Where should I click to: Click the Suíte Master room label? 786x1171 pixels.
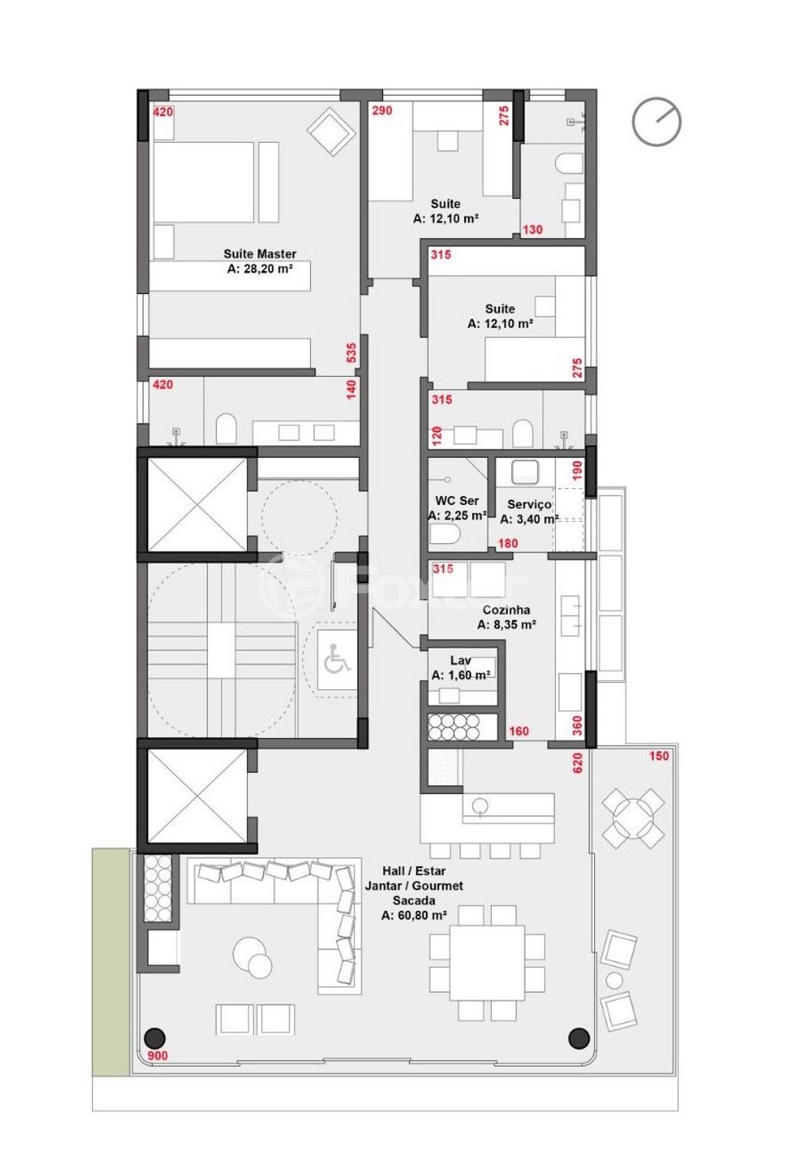260,253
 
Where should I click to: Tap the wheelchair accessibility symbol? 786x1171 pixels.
337,659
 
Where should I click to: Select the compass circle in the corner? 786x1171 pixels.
656,122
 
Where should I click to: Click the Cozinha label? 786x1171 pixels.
507,609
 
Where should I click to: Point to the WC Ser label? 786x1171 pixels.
457,500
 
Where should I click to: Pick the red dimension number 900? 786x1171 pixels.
157,1055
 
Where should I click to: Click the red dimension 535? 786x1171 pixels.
352,353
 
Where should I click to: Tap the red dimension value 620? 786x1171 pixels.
578,764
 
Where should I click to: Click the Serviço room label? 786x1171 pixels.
529,504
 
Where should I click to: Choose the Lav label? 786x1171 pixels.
461,660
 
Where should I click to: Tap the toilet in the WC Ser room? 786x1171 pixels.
445,534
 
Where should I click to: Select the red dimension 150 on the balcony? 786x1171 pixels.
659,756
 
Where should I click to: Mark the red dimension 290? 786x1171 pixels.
382,111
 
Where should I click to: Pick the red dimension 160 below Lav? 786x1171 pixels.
519,731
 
